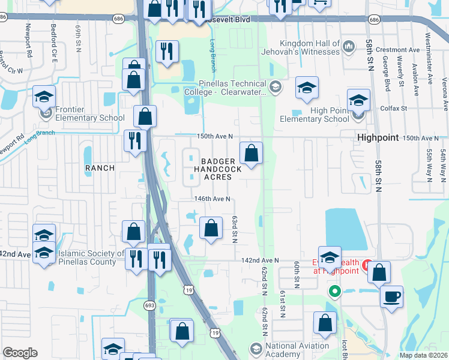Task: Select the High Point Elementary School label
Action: [314, 115]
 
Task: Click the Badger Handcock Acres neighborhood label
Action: [217, 169]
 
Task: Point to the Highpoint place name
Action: [378, 137]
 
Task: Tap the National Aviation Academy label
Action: [298, 350]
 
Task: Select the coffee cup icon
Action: [391, 296]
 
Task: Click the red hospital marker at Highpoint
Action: [366, 264]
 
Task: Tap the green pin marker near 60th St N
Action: [335, 292]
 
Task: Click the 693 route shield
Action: [150, 305]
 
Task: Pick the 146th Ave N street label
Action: [212, 199]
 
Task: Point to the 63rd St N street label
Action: [236, 229]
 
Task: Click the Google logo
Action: [20, 353]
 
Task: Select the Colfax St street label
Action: [394, 109]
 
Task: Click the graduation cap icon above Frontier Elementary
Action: [44, 97]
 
